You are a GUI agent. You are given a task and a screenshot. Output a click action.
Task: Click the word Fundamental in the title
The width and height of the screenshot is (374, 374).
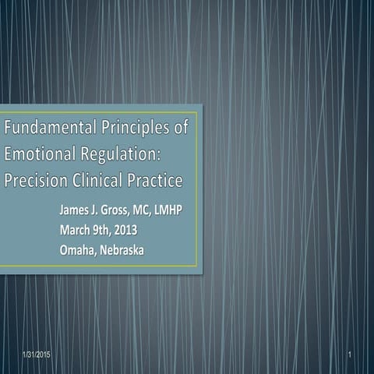click(x=46, y=126)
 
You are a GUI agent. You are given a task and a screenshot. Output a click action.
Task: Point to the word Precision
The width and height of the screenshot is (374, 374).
click(x=35, y=181)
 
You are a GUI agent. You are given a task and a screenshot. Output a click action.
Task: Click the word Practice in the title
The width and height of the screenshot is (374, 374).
click(x=154, y=181)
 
